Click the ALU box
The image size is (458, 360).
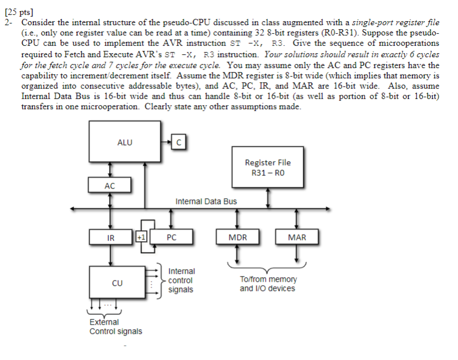[124, 142]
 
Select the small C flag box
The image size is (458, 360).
[179, 142]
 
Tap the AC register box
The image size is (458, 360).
[110, 185]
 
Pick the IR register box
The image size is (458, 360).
[110, 237]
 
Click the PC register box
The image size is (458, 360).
[171, 237]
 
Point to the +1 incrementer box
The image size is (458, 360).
[142, 237]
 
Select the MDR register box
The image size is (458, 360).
[238, 237]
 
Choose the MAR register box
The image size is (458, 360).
[297, 237]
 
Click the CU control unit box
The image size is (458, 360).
[117, 282]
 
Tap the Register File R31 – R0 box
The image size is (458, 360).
[268, 167]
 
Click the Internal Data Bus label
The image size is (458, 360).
[206, 201]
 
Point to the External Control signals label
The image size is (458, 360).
[116, 327]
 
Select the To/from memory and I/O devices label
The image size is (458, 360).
[268, 284]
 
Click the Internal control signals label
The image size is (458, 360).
[181, 280]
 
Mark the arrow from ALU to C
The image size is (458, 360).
[166, 142]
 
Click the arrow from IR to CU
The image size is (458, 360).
[110, 255]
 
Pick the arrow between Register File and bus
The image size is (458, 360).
[268, 198]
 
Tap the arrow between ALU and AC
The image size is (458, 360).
[110, 170]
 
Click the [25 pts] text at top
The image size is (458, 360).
[19, 12]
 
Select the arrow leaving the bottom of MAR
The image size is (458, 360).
[297, 253]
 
